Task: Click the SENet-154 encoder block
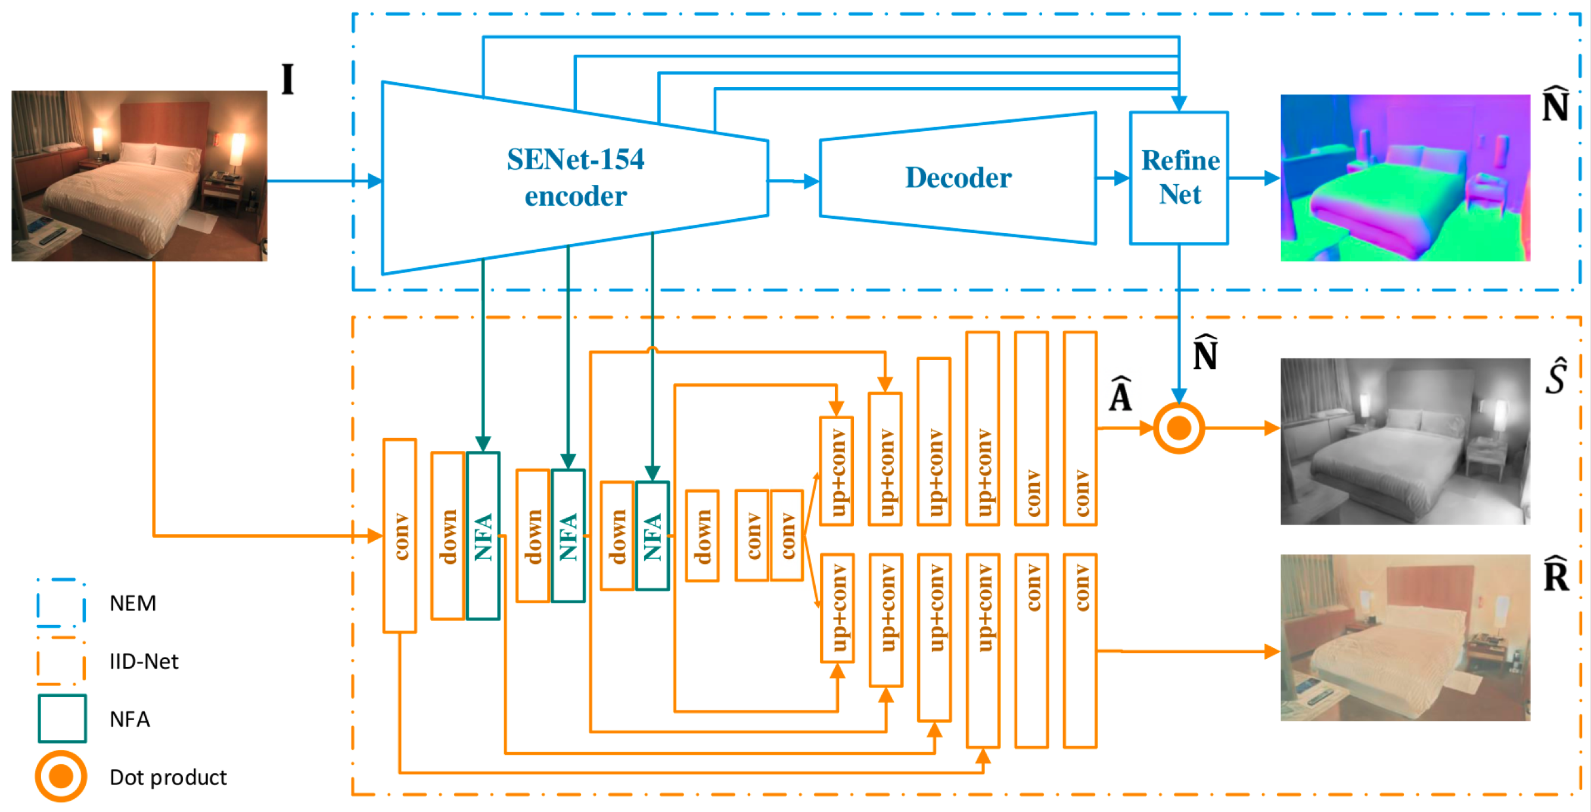(574, 178)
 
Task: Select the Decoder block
(958, 178)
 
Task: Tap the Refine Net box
(1179, 178)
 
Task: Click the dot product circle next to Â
(1179, 428)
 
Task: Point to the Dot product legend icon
(61, 776)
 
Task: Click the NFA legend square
(62, 718)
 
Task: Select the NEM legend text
(133, 603)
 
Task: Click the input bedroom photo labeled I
(139, 176)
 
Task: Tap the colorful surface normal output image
(1405, 178)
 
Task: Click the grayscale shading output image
(1405, 441)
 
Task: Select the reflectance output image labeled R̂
(1405, 637)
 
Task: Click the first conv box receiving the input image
(400, 536)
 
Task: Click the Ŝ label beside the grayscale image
(1556, 375)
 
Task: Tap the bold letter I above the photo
(288, 79)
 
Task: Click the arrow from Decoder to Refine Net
(1113, 178)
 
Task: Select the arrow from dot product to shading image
(1242, 427)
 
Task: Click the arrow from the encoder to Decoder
(794, 181)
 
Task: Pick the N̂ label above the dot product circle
(1205, 352)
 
